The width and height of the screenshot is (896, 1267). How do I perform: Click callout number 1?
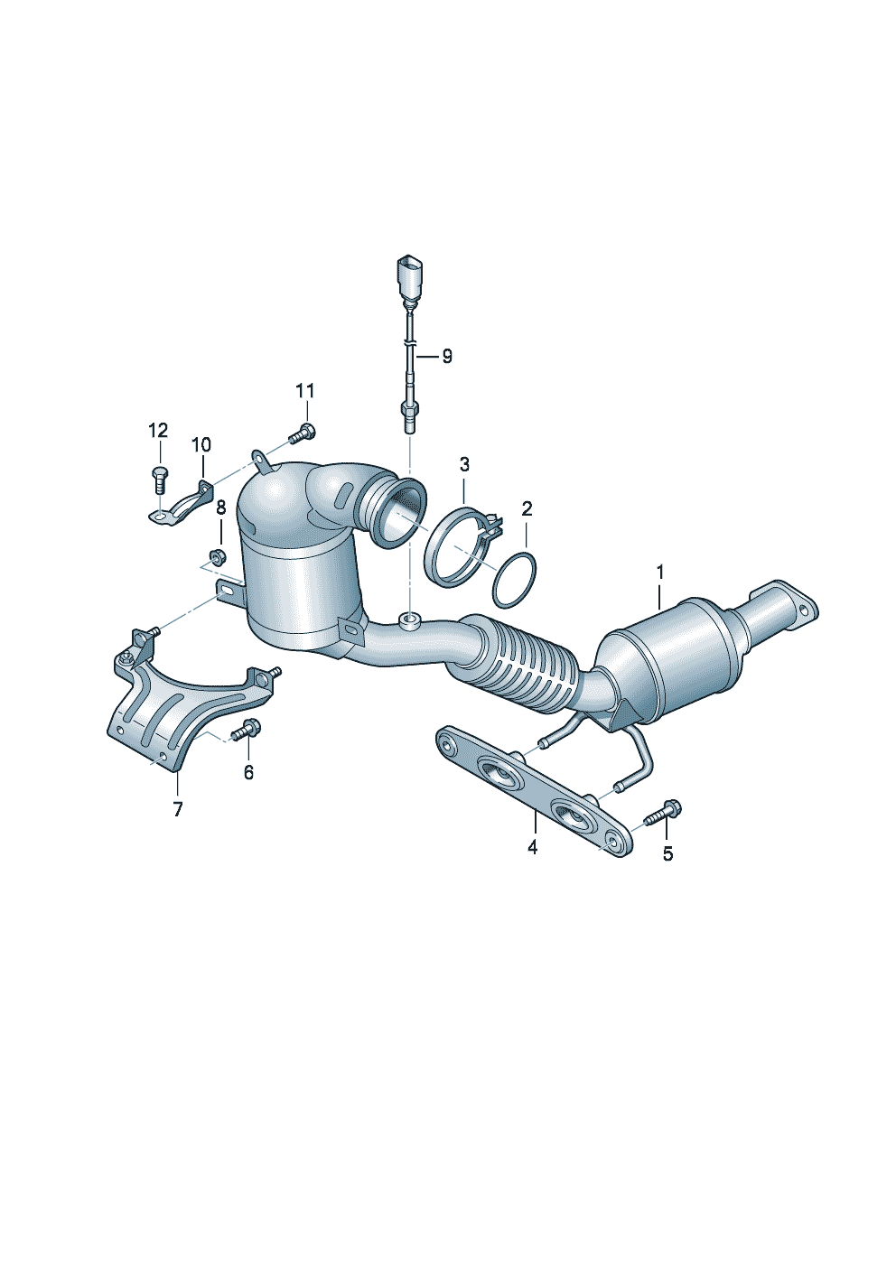click(660, 573)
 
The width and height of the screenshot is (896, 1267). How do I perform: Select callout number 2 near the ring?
click(527, 509)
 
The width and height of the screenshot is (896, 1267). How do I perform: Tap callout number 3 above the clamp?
click(464, 465)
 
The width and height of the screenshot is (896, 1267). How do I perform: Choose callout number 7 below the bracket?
click(178, 809)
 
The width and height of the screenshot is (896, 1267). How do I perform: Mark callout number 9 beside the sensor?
click(447, 357)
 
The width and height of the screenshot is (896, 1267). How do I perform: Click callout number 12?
click(158, 431)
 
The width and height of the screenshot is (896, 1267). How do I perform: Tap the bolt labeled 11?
click(301, 433)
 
